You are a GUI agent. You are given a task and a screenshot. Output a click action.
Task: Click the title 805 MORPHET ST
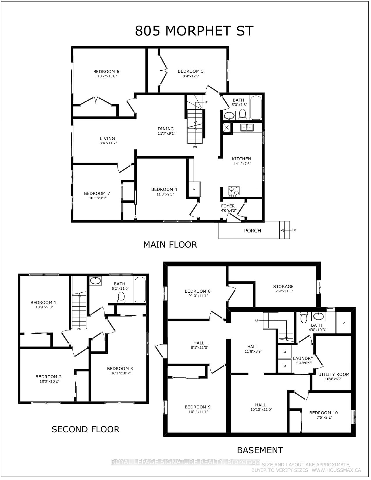coord(194,31)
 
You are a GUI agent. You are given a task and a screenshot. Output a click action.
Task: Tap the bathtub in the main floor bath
coord(256,108)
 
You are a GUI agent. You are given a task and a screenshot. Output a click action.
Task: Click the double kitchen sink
coord(247,127)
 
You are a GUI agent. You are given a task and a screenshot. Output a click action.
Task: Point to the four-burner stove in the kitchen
coord(234,191)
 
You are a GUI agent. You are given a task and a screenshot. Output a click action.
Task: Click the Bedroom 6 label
coord(106,72)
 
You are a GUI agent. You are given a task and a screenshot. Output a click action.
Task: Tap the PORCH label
coord(253,231)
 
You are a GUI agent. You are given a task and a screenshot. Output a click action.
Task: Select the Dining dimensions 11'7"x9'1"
coord(166,134)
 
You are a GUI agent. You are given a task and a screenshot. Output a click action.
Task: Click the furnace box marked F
coord(195,189)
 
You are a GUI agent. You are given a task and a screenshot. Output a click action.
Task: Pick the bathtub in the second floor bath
coord(140,289)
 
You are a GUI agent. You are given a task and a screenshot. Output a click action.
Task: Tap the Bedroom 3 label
coord(120,369)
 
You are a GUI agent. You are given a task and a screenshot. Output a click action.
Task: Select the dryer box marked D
coord(285,351)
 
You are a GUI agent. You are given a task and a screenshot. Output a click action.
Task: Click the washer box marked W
coord(285,366)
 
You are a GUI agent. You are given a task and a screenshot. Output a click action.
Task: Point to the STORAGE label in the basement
coord(283,287)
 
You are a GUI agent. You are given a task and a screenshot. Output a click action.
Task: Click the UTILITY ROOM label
coord(334,374)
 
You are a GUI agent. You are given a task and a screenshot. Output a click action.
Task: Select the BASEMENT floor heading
coord(260,450)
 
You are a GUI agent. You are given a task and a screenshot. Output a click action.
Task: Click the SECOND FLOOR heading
coord(86,429)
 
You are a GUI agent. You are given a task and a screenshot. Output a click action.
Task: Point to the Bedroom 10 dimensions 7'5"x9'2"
coord(323,417)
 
